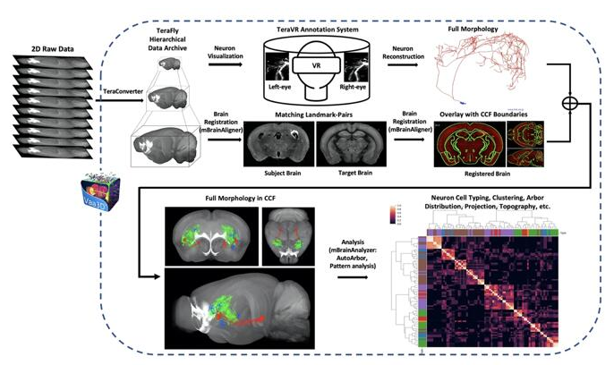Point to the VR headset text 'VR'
coord(305,66)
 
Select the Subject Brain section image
coord(274,140)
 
